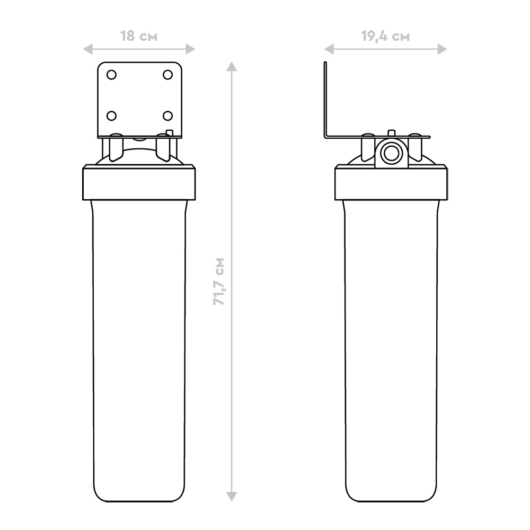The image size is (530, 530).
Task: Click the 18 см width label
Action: [x=139, y=36]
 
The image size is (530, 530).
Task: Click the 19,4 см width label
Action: [x=385, y=36]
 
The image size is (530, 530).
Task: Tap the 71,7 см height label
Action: [x=219, y=281]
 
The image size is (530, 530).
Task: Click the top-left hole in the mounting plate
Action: [x=111, y=75]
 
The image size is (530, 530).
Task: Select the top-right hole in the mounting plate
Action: [x=167, y=75]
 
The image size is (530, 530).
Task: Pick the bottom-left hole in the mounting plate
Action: [x=111, y=116]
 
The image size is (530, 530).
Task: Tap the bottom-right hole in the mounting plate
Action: [x=167, y=116]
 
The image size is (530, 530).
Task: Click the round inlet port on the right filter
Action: [x=391, y=154]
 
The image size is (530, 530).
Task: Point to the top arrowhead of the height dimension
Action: [x=232, y=67]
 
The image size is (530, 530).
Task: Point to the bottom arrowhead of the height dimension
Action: [x=232, y=496]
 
